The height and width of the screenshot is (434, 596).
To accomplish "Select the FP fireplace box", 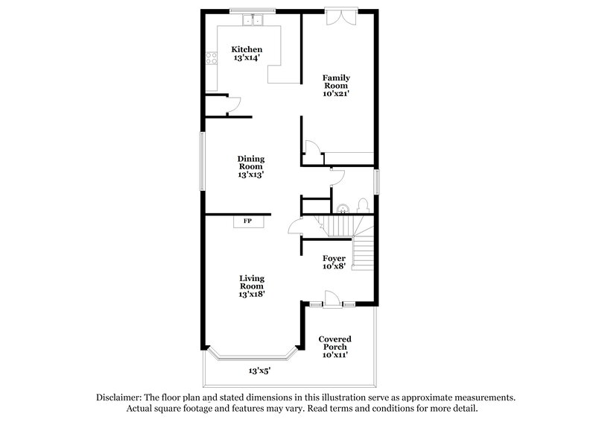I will click(247, 221).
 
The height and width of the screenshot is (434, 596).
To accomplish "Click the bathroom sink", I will click(343, 208).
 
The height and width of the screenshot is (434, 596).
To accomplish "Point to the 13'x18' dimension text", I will click(252, 295).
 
